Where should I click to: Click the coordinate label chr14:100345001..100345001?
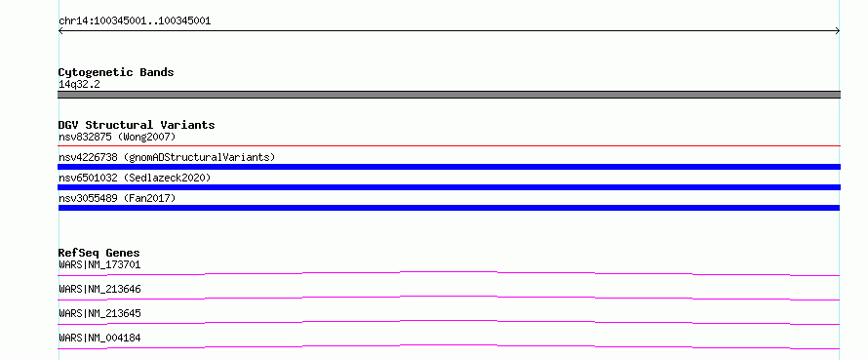(x=135, y=21)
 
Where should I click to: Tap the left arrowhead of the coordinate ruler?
(x=59, y=31)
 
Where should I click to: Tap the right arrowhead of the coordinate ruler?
(x=838, y=31)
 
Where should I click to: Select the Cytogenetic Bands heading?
(x=116, y=72)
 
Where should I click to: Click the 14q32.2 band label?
(x=79, y=85)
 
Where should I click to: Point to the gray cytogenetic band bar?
(x=449, y=95)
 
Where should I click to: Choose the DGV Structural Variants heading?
(x=137, y=125)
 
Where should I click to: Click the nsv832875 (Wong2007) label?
(x=117, y=137)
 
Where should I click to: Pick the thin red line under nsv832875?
(x=449, y=145)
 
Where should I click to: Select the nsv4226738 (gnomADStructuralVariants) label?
(x=167, y=157)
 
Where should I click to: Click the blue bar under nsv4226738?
(x=449, y=167)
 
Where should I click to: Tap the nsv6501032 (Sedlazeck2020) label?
(x=135, y=178)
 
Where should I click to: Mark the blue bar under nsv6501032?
(x=449, y=187)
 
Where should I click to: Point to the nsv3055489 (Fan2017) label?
(x=117, y=198)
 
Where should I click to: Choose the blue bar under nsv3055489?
(x=449, y=208)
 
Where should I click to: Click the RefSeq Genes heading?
(x=99, y=253)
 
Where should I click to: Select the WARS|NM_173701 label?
(x=99, y=264)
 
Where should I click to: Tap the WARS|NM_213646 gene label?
(x=99, y=289)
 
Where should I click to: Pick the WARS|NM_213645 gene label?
(x=99, y=313)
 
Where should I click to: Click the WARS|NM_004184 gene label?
(x=99, y=338)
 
